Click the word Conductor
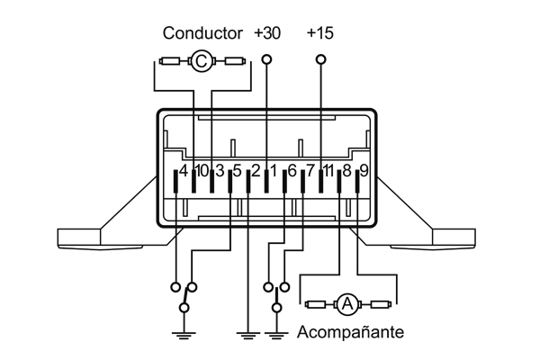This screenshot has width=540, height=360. coord(202,33)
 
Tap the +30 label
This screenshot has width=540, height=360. coord(267,33)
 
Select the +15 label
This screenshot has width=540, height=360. coord(320,33)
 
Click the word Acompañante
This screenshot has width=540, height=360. coord(350,332)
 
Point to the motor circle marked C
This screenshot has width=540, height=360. coord(201,61)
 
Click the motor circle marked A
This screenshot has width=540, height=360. coord(348,304)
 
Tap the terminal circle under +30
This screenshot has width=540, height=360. coord(266,59)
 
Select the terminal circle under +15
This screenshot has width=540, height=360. coord(320,59)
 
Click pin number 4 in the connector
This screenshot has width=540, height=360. coord(184,170)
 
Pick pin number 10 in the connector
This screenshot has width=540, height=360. coord(202,170)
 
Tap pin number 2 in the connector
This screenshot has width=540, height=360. coord(256,170)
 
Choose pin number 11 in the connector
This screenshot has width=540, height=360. coord(328,170)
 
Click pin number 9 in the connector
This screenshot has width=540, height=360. coord(364,170)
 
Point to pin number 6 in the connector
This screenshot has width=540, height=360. coord(292,170)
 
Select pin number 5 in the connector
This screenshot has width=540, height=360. coord(237,170)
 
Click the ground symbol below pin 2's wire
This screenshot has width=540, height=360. coord(248,336)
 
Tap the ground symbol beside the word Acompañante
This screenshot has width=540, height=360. coord(276,336)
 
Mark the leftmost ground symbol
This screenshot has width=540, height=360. coord(184,336)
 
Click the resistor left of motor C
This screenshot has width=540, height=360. coord(169,62)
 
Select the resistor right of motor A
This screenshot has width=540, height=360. coord(381,304)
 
